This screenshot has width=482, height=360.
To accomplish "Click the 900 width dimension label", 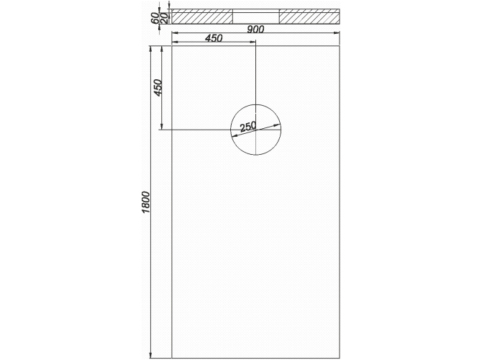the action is coord(256,30).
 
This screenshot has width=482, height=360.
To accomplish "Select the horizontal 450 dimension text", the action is coord(214,38).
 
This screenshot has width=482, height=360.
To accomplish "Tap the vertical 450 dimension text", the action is coord(158,88).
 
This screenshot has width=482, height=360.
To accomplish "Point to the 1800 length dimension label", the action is coord(145,202).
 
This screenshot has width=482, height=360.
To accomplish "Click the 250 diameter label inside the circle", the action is coord(247,127).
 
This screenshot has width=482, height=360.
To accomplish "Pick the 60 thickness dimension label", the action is coord(155,19).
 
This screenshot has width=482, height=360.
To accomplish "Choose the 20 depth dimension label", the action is coord(164,19).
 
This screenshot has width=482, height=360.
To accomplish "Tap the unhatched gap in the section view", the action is coord(256,17).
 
